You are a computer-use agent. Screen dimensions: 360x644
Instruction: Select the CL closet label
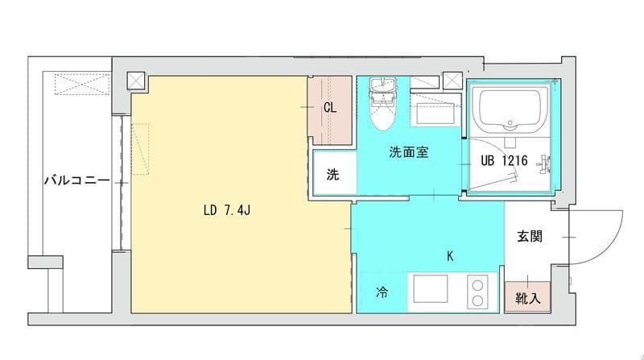tap(330, 107)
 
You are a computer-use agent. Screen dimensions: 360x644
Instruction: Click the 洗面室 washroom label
tap(407, 151)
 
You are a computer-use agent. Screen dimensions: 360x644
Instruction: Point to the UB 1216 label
tap(504, 161)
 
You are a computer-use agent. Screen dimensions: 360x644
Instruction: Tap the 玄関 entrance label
tap(529, 237)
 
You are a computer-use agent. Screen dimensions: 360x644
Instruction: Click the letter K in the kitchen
tap(450, 258)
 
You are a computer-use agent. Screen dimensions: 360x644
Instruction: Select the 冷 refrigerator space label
tap(382, 293)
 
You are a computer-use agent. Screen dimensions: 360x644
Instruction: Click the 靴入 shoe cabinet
tap(527, 298)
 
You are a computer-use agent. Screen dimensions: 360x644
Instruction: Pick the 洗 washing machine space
tap(332, 175)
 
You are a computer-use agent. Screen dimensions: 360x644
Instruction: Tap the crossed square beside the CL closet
tap(136, 81)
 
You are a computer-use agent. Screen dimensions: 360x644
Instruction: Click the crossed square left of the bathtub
tap(452, 81)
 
